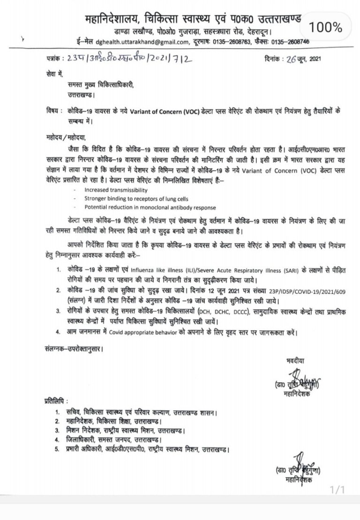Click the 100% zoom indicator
[327, 28]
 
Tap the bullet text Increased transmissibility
[116, 190]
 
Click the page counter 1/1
[337, 490]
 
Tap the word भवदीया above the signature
[295, 361]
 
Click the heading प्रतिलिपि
[53, 401]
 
